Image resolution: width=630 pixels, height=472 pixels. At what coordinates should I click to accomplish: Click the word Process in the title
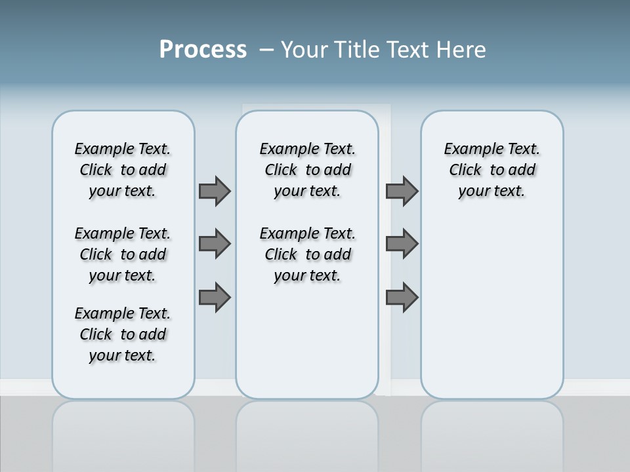coord(203,50)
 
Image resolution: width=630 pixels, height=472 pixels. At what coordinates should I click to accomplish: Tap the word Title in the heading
coord(358,50)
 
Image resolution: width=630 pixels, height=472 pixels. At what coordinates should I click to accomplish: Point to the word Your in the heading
coord(305,50)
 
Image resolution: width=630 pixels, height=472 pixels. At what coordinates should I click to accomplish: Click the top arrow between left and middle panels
coord(215,191)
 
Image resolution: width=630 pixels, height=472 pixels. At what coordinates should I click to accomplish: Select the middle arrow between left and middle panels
coord(215,244)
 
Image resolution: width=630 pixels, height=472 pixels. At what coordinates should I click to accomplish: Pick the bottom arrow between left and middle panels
coord(215,298)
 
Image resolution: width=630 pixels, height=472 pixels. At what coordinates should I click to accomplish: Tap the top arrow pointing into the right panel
coord(402,191)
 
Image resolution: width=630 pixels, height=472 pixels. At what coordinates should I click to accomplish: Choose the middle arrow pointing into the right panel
coord(402,244)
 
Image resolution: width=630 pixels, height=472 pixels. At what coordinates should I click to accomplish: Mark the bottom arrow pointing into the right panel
coord(402,298)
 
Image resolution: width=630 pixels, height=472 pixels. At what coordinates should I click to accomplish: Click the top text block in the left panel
coord(123,170)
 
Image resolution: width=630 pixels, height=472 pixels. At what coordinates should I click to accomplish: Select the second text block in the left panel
coord(123,254)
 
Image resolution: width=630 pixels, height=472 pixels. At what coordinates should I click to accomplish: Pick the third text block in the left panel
coord(123,334)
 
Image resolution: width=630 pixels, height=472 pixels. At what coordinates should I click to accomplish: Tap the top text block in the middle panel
coord(307,170)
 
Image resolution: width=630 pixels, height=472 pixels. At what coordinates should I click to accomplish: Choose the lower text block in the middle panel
coord(307,254)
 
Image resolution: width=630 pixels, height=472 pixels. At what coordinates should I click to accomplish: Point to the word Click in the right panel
coord(465,170)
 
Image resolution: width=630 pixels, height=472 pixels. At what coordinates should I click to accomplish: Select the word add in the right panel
coord(521,170)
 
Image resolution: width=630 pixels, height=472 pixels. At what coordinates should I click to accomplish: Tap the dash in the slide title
coord(267,50)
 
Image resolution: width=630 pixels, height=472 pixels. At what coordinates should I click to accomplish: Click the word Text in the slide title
coord(407,50)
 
